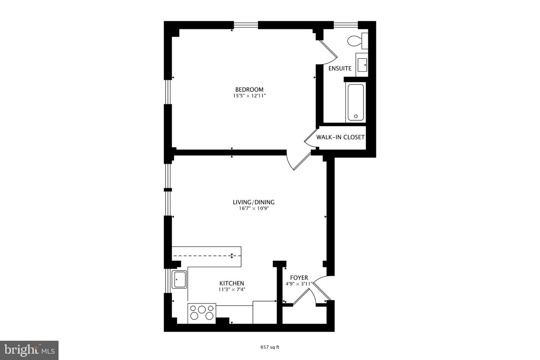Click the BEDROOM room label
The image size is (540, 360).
click(249, 90)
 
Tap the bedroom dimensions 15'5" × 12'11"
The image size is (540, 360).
click(249, 96)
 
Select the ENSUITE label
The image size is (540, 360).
click(340, 69)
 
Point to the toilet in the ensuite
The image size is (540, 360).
click(357, 41)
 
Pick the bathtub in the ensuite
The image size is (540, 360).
click(356, 102)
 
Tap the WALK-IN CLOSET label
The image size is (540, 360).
click(340, 137)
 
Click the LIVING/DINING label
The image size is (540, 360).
click(253, 202)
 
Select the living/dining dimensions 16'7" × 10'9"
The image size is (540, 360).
click(253, 208)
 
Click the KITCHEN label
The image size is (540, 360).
click(232, 283)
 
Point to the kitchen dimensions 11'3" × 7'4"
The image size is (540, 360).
click(232, 289)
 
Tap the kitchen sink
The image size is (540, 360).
click(179, 279)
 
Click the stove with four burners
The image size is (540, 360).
click(202, 313)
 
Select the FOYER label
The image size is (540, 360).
click(299, 278)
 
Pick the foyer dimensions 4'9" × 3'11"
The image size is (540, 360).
click(299, 284)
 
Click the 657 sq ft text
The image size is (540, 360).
click(270, 348)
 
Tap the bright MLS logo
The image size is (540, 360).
click(29, 350)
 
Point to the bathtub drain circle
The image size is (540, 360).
click(356, 117)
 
